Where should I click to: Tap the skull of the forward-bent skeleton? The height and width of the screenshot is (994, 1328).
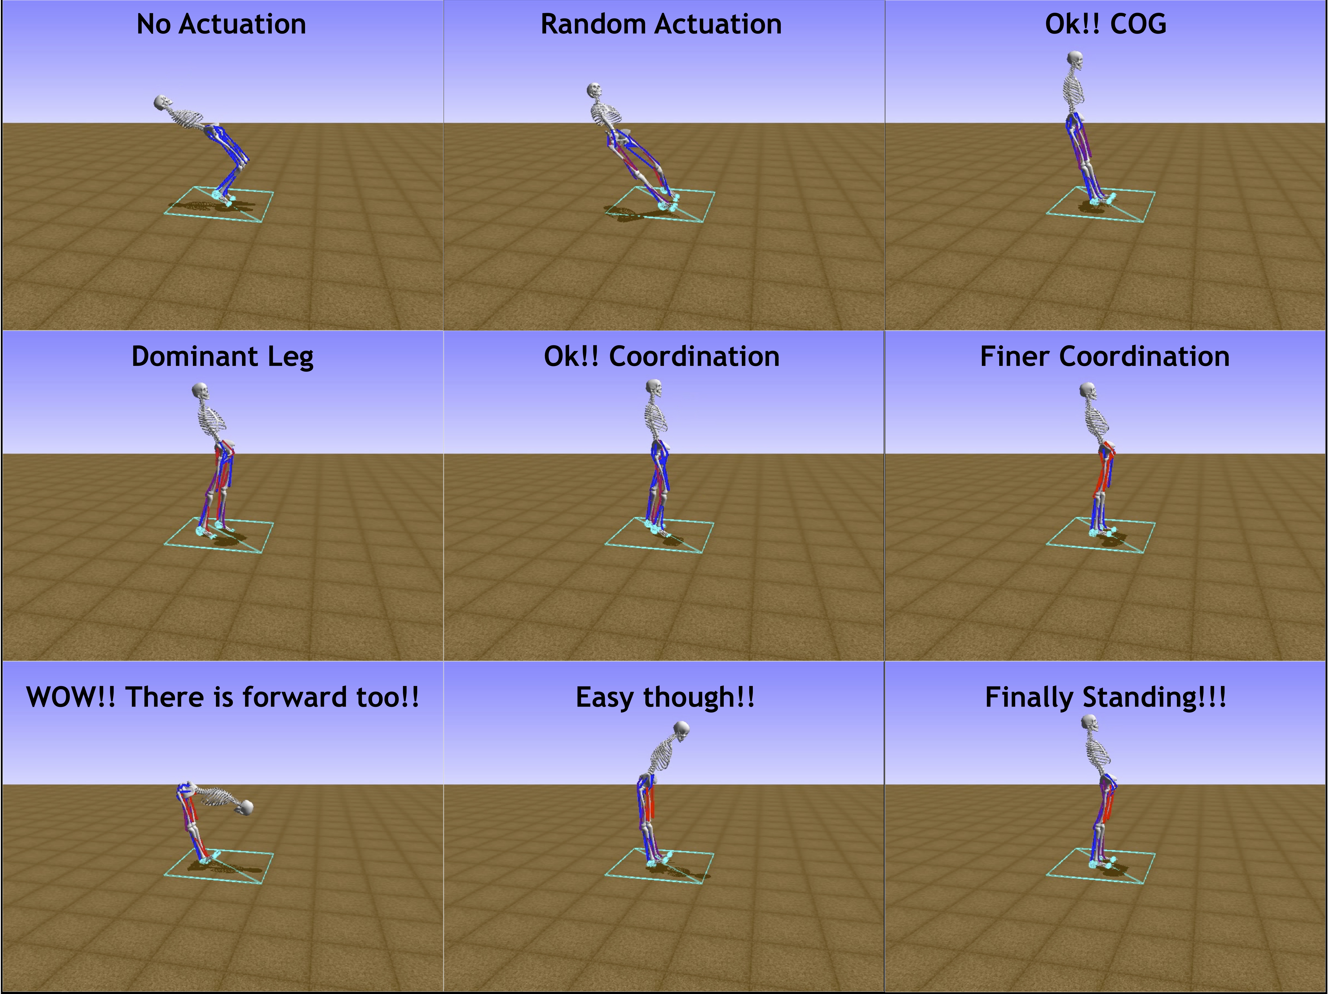tap(245, 807)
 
